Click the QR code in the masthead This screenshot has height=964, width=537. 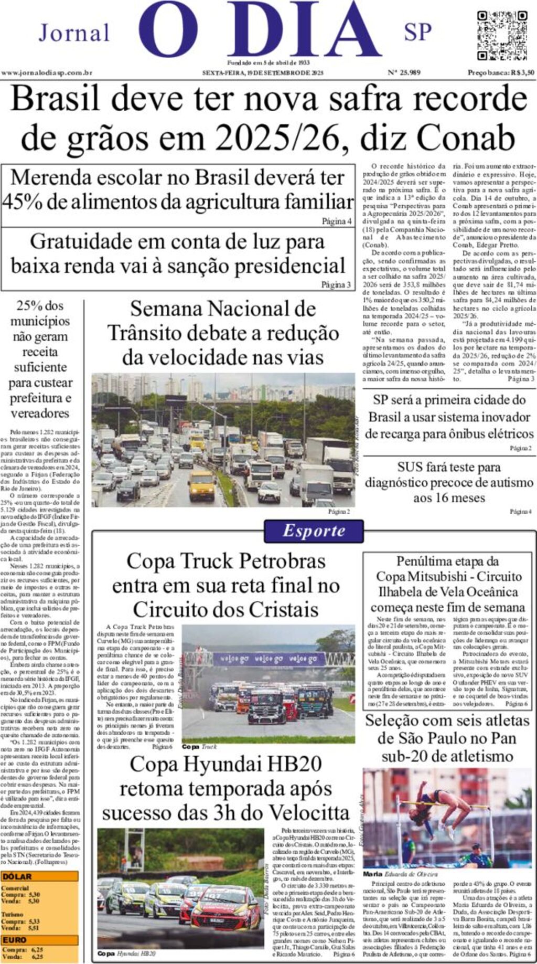point(501,35)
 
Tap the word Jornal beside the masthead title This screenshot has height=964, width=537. point(74,33)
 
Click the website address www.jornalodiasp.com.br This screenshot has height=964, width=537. point(47,73)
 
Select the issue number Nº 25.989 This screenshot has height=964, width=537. point(404,73)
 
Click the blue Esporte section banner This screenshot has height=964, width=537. point(314,531)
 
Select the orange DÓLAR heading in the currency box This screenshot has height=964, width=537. point(17,876)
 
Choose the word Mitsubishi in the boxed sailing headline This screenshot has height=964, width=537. point(456,576)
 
